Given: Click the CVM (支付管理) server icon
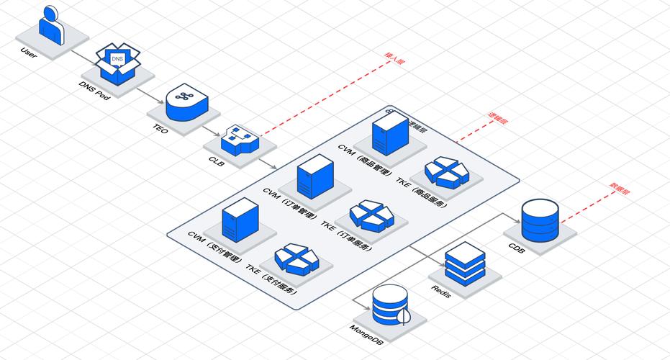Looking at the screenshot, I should (240, 219).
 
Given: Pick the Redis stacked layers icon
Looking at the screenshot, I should (466, 263).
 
